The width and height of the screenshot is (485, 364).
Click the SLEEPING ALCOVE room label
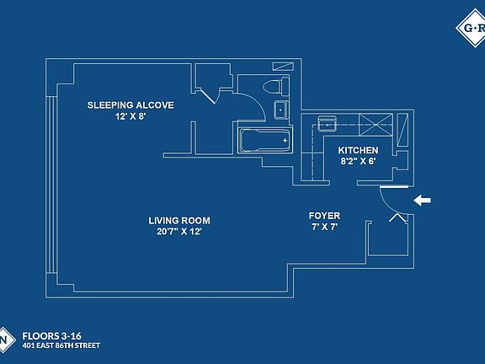[131, 105]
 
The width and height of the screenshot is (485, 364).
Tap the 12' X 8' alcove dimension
[131, 116]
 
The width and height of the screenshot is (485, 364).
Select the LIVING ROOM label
[179, 221]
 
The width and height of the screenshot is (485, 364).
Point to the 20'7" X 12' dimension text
[179, 232]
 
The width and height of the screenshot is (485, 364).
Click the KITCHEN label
[358, 151]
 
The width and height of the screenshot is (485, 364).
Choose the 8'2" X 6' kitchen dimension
[358, 161]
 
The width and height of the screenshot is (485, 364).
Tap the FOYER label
[324, 216]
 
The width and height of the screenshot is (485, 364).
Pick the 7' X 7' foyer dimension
[324, 227]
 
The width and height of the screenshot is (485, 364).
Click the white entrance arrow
[422, 201]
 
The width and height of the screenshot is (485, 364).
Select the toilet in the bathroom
[276, 86]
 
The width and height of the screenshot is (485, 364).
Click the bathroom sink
[281, 110]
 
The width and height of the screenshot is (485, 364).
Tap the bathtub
[265, 141]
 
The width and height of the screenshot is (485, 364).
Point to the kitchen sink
[327, 124]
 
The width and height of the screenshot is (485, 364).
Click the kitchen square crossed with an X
[376, 125]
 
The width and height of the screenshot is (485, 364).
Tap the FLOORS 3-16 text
[51, 336]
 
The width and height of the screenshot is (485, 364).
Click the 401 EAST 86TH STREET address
[61, 345]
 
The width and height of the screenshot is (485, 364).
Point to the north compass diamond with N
[4, 340]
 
